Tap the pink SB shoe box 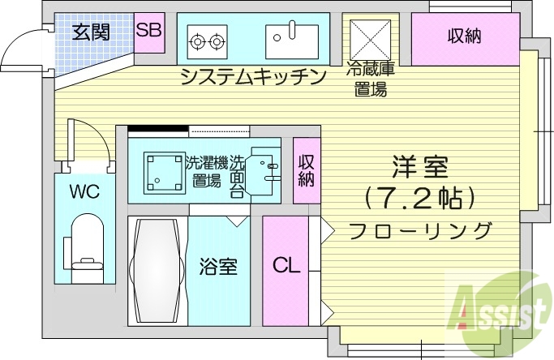(148, 32)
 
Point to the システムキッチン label (252, 77)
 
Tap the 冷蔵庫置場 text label (371, 79)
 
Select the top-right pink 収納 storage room (464, 38)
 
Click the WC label (84, 192)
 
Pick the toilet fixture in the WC (85, 243)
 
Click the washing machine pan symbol (165, 172)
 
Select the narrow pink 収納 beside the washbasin (306, 171)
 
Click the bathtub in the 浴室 (158, 271)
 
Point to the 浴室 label (218, 266)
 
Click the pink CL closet (285, 266)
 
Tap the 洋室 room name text (419, 168)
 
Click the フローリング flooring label (420, 230)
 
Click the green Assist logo (496, 307)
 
